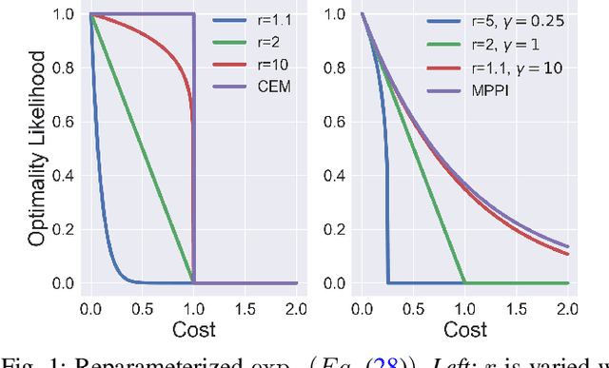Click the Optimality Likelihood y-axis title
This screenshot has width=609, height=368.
pyautogui.click(x=36, y=149)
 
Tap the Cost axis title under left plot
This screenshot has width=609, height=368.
pyautogui.click(x=193, y=330)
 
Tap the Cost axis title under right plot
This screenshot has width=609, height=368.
pyautogui.click(x=466, y=330)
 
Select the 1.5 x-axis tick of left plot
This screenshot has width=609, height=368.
pyautogui.click(x=246, y=307)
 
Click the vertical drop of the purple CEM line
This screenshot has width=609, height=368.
pyautogui.click(x=194, y=152)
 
